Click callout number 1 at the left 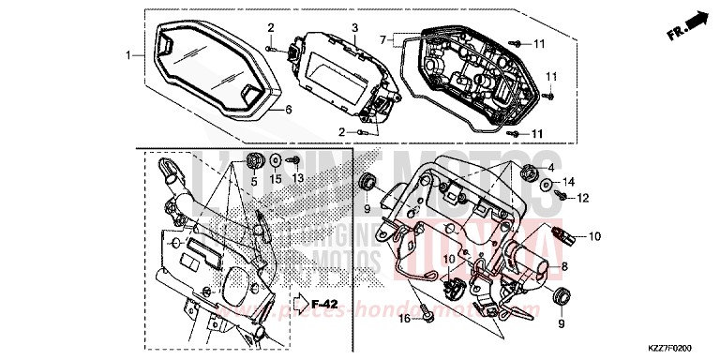[x=129, y=55]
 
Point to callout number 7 [x=382, y=40]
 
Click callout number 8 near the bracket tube [x=564, y=266]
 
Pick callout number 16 [x=404, y=320]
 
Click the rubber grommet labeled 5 [x=252, y=158]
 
